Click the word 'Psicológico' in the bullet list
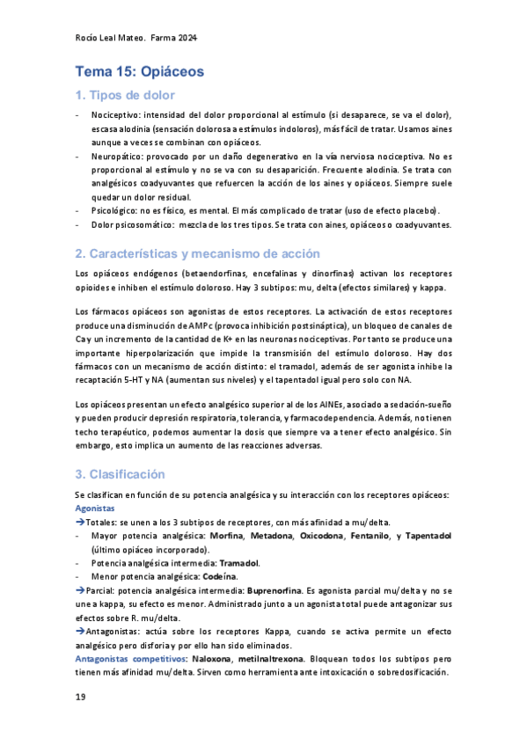tap(113, 210)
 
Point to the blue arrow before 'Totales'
tap(79, 523)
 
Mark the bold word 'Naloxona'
tap(214, 658)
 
